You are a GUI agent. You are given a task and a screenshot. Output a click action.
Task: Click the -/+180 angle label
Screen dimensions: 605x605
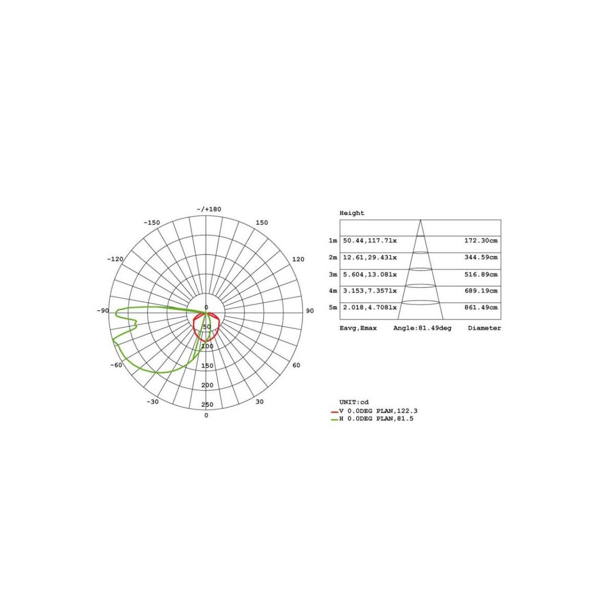point(209,209)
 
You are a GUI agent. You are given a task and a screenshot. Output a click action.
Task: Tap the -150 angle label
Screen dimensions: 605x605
point(152,223)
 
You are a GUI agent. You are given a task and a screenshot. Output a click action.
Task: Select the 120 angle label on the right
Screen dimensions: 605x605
point(298,259)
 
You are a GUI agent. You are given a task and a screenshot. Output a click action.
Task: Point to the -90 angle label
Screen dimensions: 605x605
point(103,311)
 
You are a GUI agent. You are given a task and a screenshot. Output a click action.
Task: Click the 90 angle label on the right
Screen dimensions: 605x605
point(310,311)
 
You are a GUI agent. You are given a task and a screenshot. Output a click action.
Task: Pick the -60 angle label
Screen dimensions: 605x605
point(116,365)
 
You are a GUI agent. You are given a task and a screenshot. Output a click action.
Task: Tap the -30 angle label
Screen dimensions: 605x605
point(152,402)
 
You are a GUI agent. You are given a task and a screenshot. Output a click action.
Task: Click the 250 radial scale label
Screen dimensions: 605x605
point(207,404)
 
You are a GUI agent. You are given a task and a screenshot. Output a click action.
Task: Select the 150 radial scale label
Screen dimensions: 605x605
point(207,366)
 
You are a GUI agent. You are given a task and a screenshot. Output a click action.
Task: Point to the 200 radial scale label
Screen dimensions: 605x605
point(207,385)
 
